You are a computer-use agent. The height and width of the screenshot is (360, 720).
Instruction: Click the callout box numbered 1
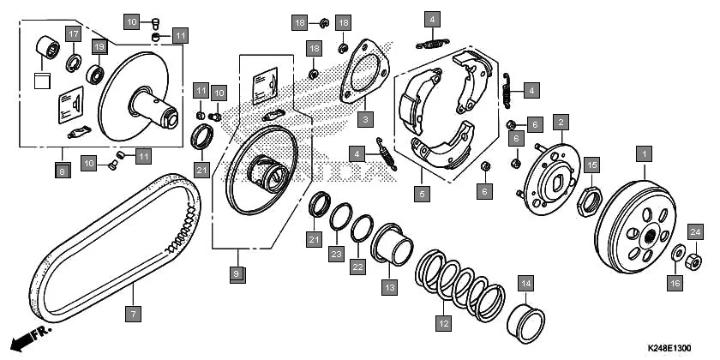(x=645, y=153)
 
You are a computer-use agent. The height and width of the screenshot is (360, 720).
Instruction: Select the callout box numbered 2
(x=561, y=123)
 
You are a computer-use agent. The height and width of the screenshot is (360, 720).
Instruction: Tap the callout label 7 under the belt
(x=133, y=314)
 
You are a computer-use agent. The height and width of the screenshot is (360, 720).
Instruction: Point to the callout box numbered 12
(x=444, y=323)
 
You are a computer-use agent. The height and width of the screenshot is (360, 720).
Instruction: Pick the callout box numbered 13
(x=389, y=287)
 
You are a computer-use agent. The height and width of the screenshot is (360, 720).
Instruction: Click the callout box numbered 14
(x=525, y=284)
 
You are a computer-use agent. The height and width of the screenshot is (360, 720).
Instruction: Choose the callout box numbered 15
(x=592, y=165)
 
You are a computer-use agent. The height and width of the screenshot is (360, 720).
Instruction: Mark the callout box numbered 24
(x=695, y=232)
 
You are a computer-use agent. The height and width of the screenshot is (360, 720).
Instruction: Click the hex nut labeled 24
(x=693, y=262)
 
